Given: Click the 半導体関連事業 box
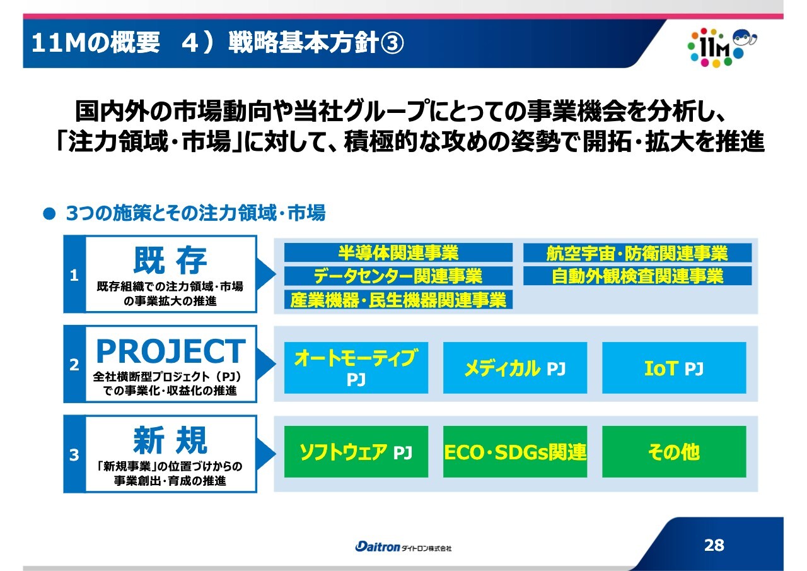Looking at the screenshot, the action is tap(398, 252).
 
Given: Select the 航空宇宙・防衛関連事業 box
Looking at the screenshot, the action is tap(637, 252).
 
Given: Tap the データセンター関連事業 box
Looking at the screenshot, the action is tap(398, 276).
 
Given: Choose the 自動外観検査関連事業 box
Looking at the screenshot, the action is tap(637, 276).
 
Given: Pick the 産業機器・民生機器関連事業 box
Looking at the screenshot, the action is tap(398, 300).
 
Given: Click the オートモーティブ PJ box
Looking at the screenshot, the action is tap(356, 368).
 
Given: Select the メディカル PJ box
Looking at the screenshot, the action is tap(515, 368).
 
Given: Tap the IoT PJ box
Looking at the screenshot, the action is tap(674, 368).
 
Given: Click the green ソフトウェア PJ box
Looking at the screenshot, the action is tap(356, 452).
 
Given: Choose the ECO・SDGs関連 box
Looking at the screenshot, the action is tap(515, 452).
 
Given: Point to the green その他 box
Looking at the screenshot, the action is tap(674, 452).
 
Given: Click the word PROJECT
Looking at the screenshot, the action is tap(171, 351).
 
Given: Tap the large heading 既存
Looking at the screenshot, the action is tap(170, 261).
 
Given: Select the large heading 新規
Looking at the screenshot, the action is tap(170, 440).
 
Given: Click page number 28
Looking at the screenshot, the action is tap(714, 545).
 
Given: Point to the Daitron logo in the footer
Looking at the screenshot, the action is tap(403, 547).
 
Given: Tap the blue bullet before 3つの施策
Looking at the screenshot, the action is tap(49, 214).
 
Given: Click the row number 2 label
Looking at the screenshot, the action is tap(74, 365).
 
